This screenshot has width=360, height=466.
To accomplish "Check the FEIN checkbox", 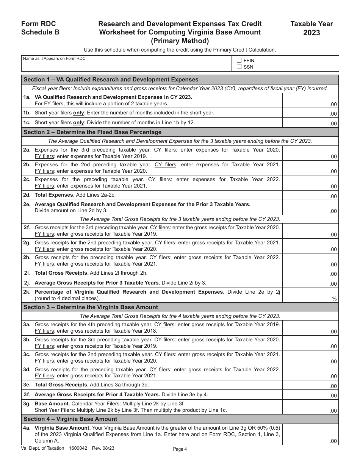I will coord(239,60).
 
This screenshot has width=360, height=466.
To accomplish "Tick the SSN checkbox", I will coord(239,67).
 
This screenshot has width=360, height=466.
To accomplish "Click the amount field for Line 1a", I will coord(310,101).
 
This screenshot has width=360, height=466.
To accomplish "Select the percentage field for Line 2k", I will coord(310,296).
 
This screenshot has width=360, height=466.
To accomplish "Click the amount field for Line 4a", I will coord(310,434).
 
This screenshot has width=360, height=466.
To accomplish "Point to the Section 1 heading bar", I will coord(180,80).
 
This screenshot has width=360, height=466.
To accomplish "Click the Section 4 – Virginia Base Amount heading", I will coord(70,419).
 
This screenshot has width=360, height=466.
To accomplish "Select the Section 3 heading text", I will coord(91,307).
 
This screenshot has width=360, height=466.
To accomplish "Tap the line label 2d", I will coord(27,195).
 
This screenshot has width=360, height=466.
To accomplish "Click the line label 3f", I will coord(27,395).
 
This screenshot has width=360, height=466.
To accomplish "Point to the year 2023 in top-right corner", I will coord(311,33).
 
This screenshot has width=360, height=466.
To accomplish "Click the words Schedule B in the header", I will coord(40,32).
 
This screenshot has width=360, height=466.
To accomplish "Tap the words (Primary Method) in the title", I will coord(180,41).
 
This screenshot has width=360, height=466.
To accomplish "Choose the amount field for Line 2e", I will coord(310,208).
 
